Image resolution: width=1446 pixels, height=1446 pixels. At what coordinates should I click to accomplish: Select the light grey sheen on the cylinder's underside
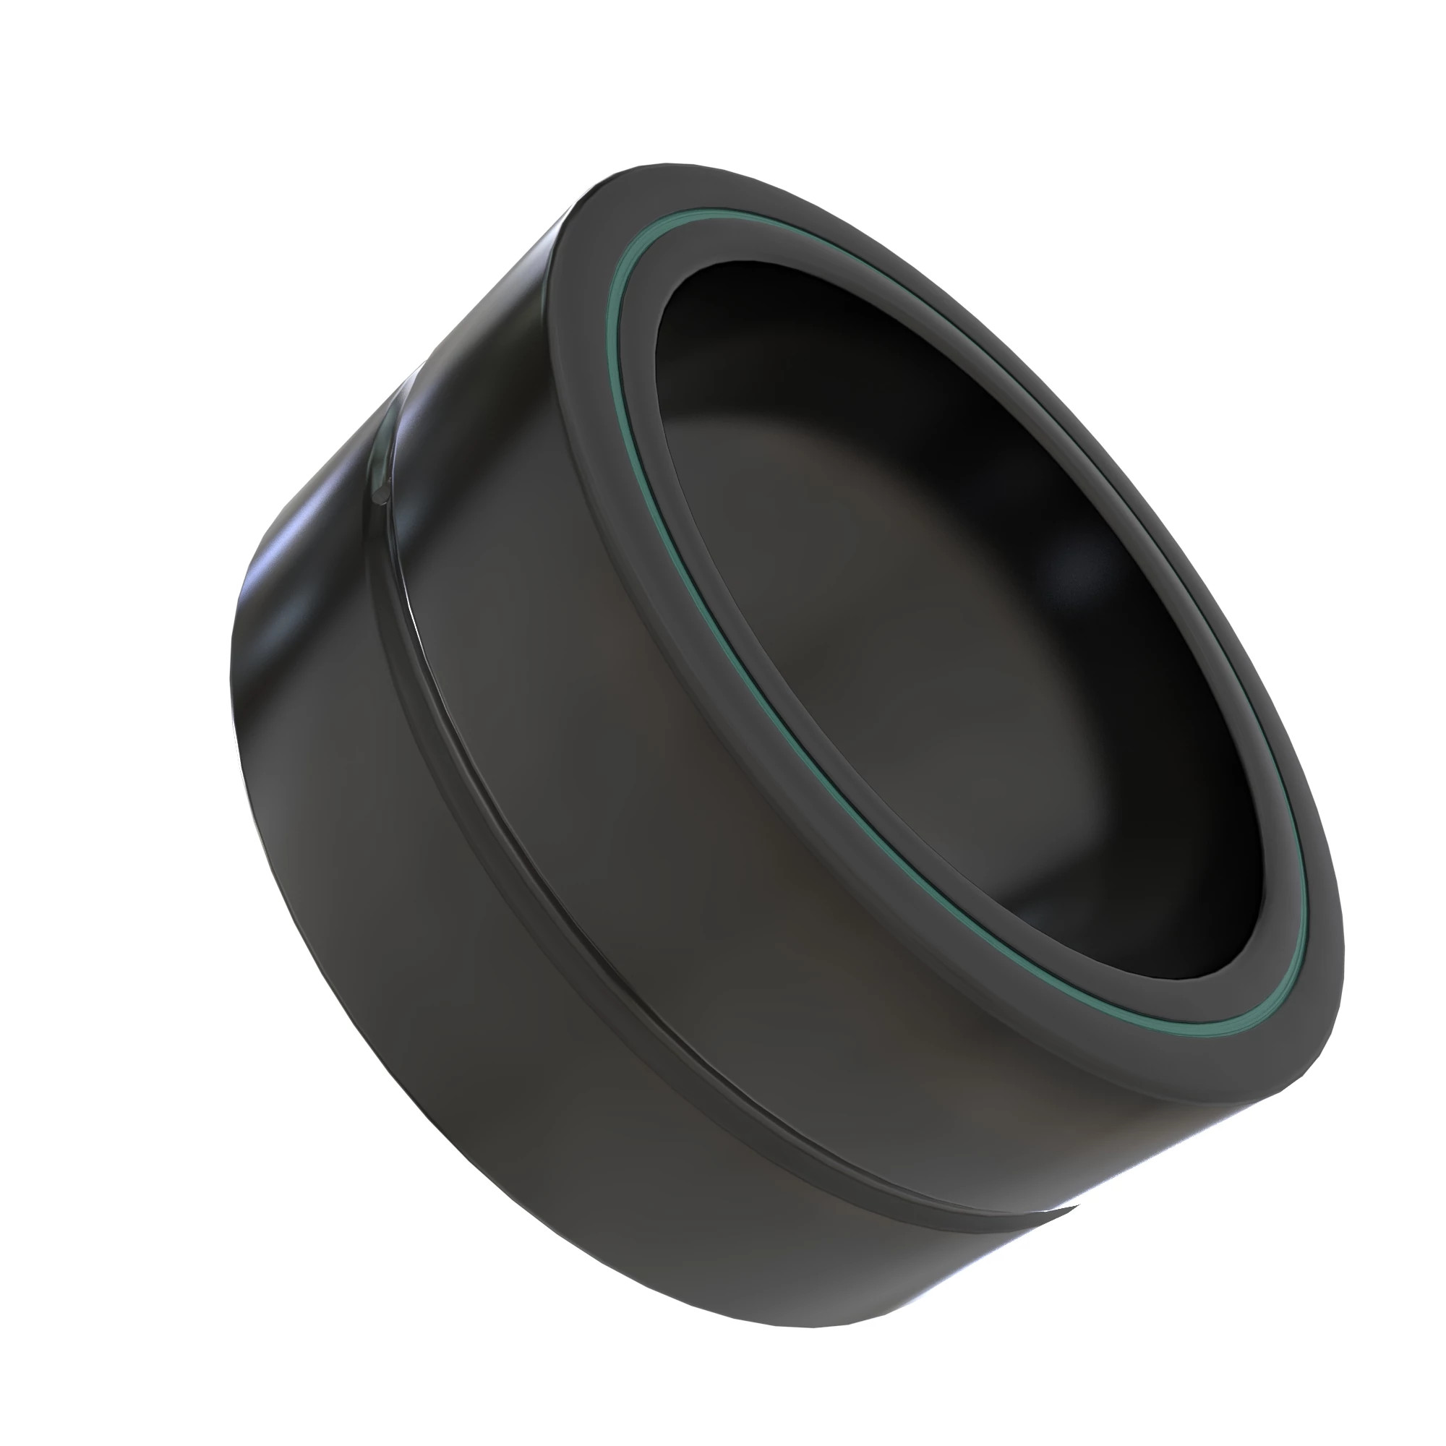[860, 1302]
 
